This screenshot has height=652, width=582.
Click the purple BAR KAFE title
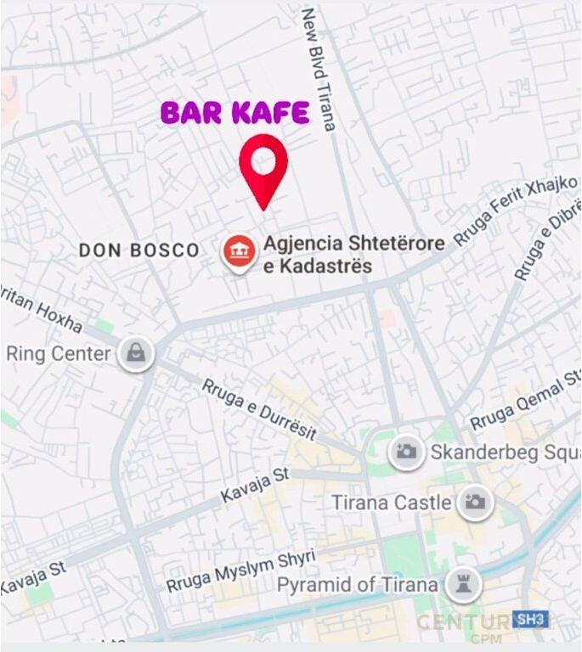pyautogui.click(x=235, y=113)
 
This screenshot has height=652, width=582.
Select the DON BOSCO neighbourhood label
pyautogui.click(x=139, y=250)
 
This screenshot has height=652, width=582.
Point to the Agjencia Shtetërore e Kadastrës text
pyautogui.click(x=353, y=255)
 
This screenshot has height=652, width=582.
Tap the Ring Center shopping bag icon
pyautogui.click(x=136, y=353)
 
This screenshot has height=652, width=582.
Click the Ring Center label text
pyautogui.click(x=59, y=354)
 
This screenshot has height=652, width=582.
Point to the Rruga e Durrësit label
pyautogui.click(x=259, y=409)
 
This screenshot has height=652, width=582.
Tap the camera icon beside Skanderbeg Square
pyautogui.click(x=407, y=452)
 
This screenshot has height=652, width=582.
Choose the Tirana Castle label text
pyautogui.click(x=392, y=503)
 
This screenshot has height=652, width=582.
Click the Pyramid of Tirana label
pyautogui.click(x=358, y=585)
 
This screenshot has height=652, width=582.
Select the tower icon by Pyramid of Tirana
pyautogui.click(x=463, y=585)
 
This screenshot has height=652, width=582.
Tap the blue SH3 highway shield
pyautogui.click(x=530, y=619)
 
